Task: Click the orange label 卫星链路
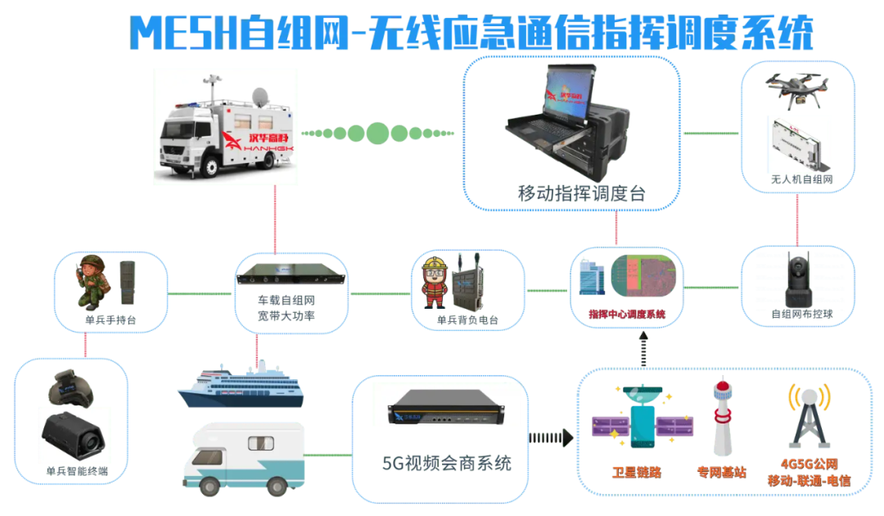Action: (636, 473)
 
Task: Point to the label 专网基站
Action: (721, 473)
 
